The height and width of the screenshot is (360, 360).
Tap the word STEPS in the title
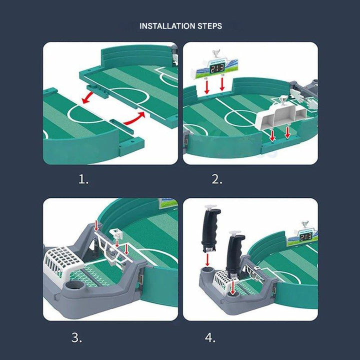pyautogui.click(x=210, y=25)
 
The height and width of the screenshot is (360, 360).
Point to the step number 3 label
pyautogui.click(x=76, y=337)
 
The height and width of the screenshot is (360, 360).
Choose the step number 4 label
pyautogui.click(x=210, y=337)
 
